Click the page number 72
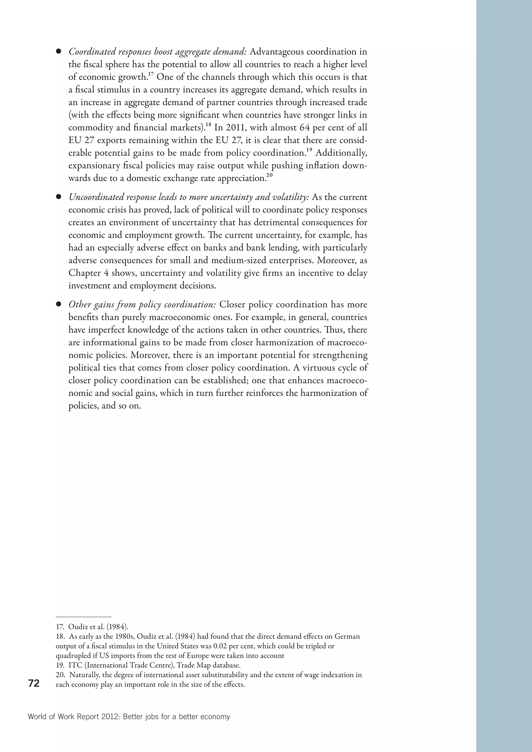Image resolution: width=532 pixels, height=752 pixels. pos(34,683)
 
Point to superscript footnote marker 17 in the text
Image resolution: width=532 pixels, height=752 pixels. pos(151,74)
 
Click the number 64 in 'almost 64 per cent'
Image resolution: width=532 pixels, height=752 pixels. pos(305,127)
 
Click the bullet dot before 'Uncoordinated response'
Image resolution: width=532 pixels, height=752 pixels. pos(59,197)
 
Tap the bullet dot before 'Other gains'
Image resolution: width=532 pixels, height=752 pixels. pos(59,304)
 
